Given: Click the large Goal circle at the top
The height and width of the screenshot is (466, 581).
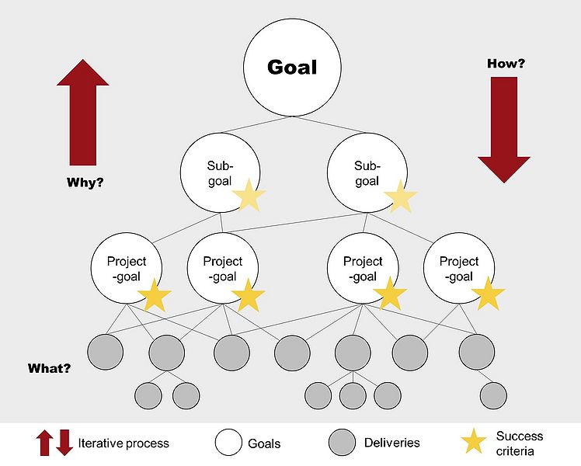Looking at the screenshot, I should (281, 67).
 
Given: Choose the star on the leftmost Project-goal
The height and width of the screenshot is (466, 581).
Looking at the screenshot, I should (155, 296).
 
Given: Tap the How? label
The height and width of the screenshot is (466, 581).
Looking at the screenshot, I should (506, 63).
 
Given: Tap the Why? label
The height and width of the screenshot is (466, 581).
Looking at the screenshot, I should (85, 184).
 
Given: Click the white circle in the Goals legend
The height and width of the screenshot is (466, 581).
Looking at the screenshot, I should (228, 443).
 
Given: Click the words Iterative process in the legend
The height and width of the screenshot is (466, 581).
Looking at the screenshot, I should (124, 443).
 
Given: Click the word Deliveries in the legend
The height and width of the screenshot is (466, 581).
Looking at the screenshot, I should (391, 443).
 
